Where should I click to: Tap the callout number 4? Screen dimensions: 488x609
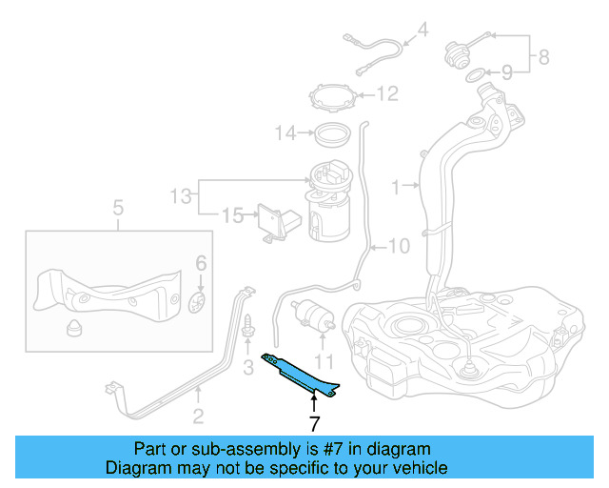pyautogui.click(x=422, y=30)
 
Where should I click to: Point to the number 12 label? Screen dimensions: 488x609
pyautogui.click(x=386, y=93)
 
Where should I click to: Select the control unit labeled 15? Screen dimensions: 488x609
pyautogui.click(x=277, y=222)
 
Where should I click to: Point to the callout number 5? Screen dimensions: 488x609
pyautogui.click(x=118, y=207)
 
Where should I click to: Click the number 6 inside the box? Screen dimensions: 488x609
pyautogui.click(x=200, y=262)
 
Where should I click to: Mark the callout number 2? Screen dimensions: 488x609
pyautogui.click(x=198, y=416)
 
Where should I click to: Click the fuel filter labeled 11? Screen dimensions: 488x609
pyautogui.click(x=313, y=315)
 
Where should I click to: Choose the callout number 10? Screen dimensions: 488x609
pyautogui.click(x=399, y=246)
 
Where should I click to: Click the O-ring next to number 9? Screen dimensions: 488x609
pyautogui.click(x=473, y=74)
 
